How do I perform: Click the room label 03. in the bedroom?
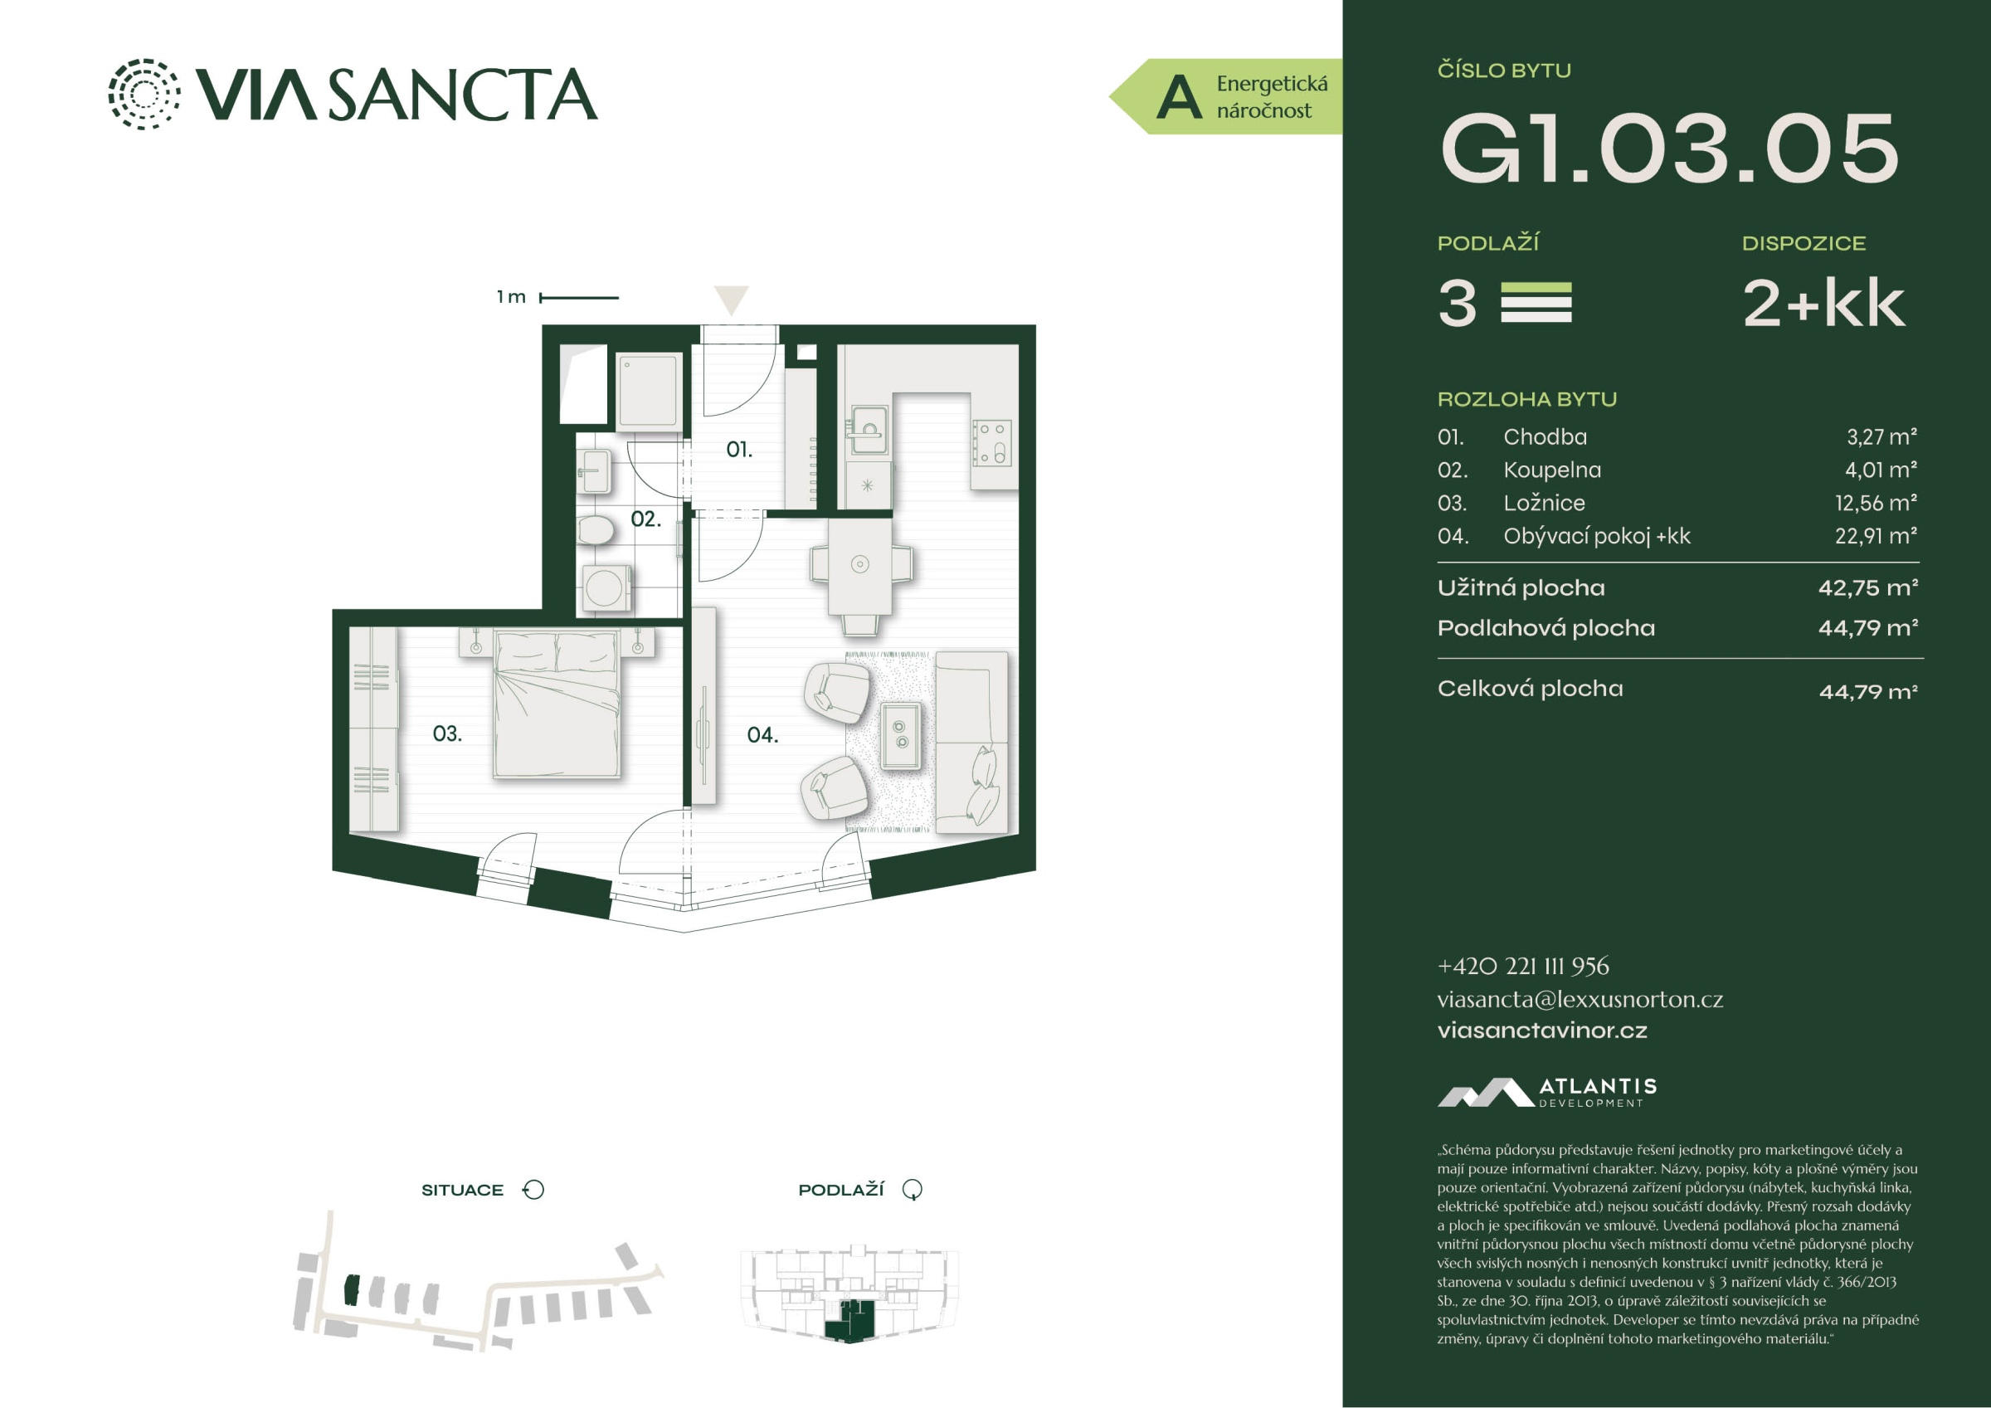coord(446,734)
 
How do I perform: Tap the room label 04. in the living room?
coord(762,735)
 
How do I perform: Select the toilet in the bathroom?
coord(596,529)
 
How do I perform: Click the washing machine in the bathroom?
coord(605,588)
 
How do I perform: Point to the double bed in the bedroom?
coord(557,704)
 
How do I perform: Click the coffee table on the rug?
coord(901,735)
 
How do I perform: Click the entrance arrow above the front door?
coord(731,300)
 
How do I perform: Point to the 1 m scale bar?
coord(579,298)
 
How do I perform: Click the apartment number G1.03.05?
coord(1669,149)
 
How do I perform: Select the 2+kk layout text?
coord(1823,304)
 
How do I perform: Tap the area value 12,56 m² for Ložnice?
coord(1876,503)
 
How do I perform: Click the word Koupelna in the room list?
coord(1552,470)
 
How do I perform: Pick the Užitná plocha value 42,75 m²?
coord(1868,588)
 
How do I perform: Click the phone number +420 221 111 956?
coord(1523,966)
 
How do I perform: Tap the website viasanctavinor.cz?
coord(1542,1030)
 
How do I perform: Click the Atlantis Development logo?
coord(1547,1092)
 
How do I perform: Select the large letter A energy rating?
coord(1180,97)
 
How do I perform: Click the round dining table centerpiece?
coord(859,565)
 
